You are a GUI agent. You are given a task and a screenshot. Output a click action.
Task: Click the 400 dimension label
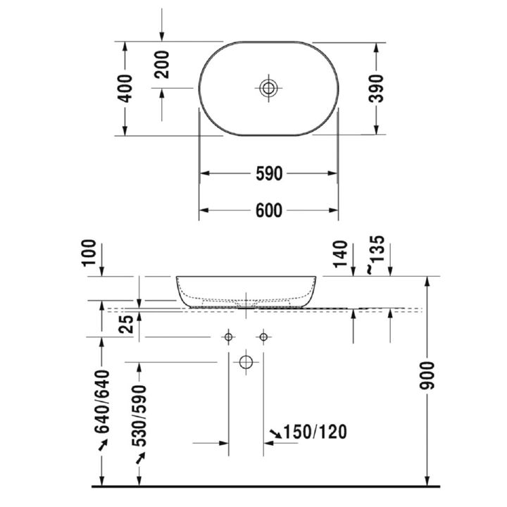coord(125,89)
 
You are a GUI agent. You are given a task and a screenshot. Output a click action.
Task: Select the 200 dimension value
coord(162,65)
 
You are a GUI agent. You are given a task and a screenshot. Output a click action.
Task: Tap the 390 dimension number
coord(376,89)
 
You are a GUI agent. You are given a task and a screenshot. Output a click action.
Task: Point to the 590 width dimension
coord(269,174)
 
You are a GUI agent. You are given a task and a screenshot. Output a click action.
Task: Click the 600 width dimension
coord(269,211)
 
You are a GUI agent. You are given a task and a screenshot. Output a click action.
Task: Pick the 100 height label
coord(89,253)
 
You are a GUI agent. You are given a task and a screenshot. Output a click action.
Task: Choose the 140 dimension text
coord(340,254)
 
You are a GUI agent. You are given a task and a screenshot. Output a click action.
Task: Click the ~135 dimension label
coord(376,255)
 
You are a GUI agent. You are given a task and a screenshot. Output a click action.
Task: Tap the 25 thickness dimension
coord(126,325)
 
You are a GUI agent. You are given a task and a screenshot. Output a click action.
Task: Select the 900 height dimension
coord(427,376)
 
